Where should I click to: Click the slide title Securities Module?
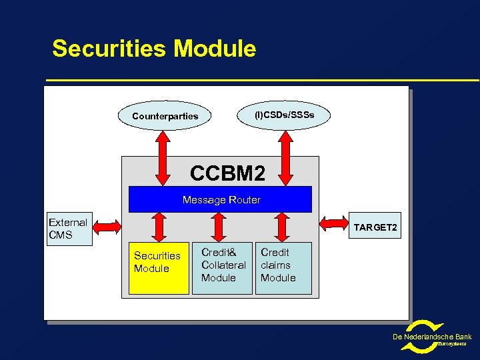pos(154,49)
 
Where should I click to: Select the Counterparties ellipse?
pos(165,116)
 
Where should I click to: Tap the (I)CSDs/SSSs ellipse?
pos(283,115)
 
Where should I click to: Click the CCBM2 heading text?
pos(227,173)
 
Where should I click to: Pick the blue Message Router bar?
pos(220,199)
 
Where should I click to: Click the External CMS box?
pos(69,229)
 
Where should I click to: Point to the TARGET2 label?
pos(375,228)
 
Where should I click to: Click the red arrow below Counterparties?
pos(162,157)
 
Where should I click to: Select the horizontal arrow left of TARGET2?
pos(336,227)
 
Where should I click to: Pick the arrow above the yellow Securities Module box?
pos(159,227)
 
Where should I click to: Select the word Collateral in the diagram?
pos(223,265)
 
